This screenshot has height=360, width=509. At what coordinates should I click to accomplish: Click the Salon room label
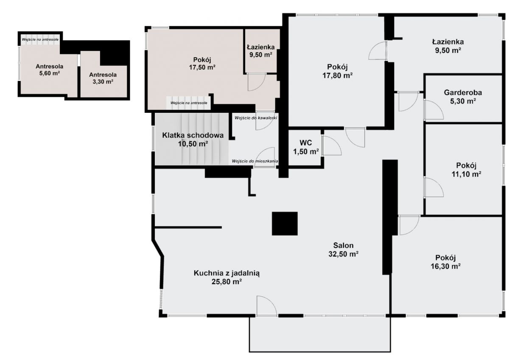point(343,246)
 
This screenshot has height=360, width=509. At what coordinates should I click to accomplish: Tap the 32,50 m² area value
point(343,254)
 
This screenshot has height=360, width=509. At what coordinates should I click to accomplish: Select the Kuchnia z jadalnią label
point(227,273)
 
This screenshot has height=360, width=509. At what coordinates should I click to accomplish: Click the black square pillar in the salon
point(285,223)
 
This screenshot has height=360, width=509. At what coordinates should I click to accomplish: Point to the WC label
point(306,143)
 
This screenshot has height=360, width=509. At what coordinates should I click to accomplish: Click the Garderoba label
point(463,93)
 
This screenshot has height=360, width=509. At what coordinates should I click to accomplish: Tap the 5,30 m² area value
point(463,101)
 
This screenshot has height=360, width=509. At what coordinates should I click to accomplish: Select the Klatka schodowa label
point(193,135)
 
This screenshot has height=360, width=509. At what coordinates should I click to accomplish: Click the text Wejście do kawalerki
point(256,118)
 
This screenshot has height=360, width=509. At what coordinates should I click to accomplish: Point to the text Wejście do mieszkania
point(255,161)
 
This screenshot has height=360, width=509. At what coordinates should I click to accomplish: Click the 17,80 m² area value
point(338,75)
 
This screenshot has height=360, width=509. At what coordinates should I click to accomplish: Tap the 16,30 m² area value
point(446,266)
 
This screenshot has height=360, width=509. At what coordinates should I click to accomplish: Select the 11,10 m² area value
point(466,174)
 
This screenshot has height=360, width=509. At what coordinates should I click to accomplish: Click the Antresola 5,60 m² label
point(49,70)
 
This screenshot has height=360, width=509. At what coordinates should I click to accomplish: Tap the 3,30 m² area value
point(103,82)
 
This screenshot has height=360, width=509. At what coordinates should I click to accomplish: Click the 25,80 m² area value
point(227,282)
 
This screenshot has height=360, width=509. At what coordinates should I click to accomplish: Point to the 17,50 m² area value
point(202,67)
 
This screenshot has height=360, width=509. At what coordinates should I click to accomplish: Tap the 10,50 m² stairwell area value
point(193,144)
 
